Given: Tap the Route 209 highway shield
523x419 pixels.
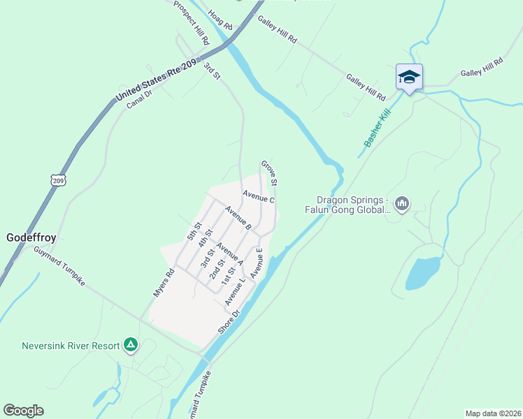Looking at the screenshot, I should tap(57, 179).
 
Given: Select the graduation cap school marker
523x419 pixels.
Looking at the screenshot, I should tap(409, 78).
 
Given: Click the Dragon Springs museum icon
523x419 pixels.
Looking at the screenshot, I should tap(401, 204).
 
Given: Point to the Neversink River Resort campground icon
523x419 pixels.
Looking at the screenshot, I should tap(130, 344).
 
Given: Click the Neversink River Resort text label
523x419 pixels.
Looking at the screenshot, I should tap(70, 344).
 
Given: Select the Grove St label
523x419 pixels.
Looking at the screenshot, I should tap(270, 173).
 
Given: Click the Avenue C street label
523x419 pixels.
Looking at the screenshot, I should tap(259, 198).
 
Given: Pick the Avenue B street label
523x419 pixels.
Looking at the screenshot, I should tap(238, 217).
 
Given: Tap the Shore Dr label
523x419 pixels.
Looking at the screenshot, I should tap(229, 321).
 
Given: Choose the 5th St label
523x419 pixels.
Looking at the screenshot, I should tap(194, 231).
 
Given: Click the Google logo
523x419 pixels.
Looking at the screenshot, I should tap(23, 411).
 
